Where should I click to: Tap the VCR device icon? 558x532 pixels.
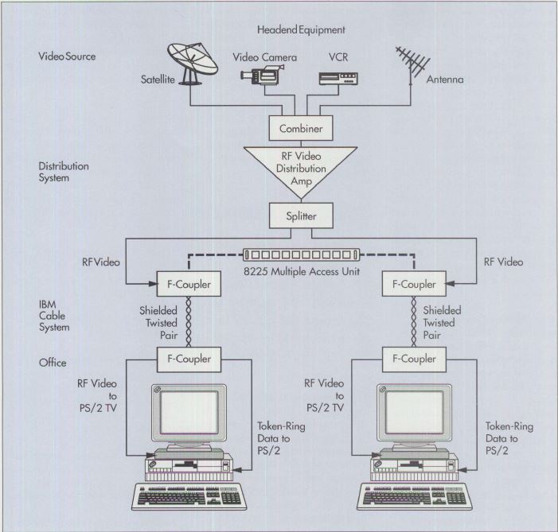pos(334,78)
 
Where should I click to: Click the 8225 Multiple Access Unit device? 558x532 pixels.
pos(302,255)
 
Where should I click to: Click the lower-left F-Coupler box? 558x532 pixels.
pos(189,358)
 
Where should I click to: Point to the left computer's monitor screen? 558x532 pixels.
pos(188,418)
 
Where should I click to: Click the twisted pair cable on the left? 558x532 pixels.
pos(189,320)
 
